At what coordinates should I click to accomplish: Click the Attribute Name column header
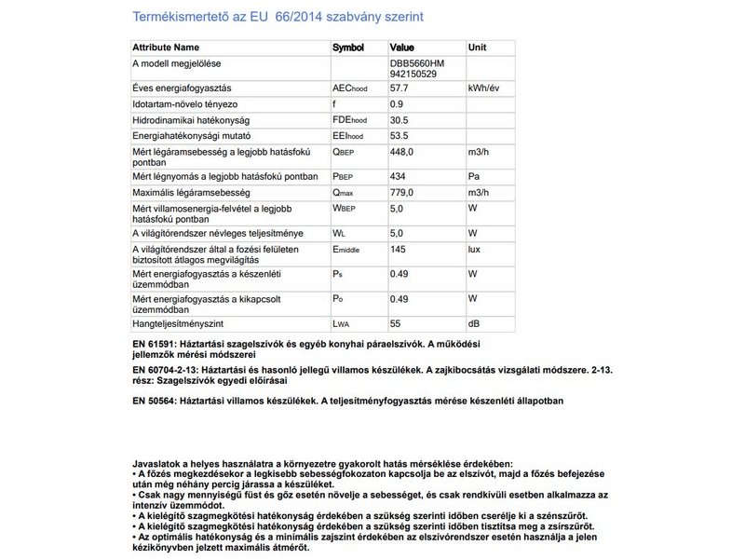(166, 47)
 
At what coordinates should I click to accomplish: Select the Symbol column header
(348, 47)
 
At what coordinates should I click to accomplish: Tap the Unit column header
(477, 47)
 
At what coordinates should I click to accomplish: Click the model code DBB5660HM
(418, 63)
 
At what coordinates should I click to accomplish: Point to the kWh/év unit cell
(487, 88)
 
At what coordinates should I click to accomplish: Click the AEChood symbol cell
(350, 88)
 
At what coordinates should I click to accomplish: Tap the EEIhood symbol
(349, 136)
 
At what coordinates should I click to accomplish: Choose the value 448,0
(403, 152)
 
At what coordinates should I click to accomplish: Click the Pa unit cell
(474, 176)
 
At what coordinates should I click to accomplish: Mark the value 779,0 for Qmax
(403, 192)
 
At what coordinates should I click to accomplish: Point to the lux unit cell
(475, 250)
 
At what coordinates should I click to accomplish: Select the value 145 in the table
(399, 250)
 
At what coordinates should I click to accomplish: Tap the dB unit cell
(474, 323)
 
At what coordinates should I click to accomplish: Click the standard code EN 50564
(155, 401)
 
